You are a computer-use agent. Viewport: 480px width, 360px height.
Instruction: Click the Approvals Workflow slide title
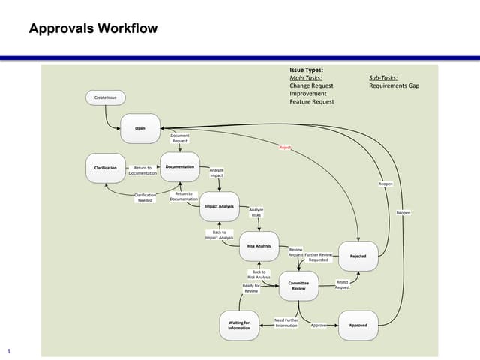pyautogui.click(x=93, y=29)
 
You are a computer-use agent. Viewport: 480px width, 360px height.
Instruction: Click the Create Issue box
pyautogui.click(x=105, y=97)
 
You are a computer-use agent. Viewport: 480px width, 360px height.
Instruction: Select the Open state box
pyautogui.click(x=140, y=129)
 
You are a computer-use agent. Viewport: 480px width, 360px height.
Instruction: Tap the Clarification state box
pyautogui.click(x=105, y=167)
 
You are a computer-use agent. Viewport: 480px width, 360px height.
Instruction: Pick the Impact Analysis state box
pyautogui.click(x=219, y=206)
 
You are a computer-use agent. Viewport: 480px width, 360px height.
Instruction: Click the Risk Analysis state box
pyautogui.click(x=259, y=246)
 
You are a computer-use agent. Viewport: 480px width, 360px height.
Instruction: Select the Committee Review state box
pyautogui.click(x=298, y=285)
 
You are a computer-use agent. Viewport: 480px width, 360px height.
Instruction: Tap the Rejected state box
pyautogui.click(x=358, y=256)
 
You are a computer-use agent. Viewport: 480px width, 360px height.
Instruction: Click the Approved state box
pyautogui.click(x=358, y=325)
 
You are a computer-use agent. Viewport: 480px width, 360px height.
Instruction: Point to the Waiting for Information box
pyautogui.click(x=239, y=325)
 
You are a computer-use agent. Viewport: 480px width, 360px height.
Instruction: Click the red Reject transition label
pyautogui.click(x=285, y=148)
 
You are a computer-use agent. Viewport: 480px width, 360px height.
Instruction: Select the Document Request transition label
pyautogui.click(x=180, y=138)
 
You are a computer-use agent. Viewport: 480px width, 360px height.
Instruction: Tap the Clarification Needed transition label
pyautogui.click(x=145, y=198)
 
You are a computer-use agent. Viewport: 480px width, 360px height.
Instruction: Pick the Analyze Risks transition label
pyautogui.click(x=256, y=212)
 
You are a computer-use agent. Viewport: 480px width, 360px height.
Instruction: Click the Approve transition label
pyautogui.click(x=318, y=325)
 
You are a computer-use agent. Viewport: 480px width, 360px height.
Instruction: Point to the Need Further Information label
pyautogui.click(x=286, y=322)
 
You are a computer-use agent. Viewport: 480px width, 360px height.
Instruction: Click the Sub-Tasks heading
pyautogui.click(x=383, y=78)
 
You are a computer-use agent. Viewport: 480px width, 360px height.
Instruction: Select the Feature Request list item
pyautogui.click(x=312, y=101)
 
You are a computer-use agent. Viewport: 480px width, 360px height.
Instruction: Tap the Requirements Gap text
pyautogui.click(x=394, y=85)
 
